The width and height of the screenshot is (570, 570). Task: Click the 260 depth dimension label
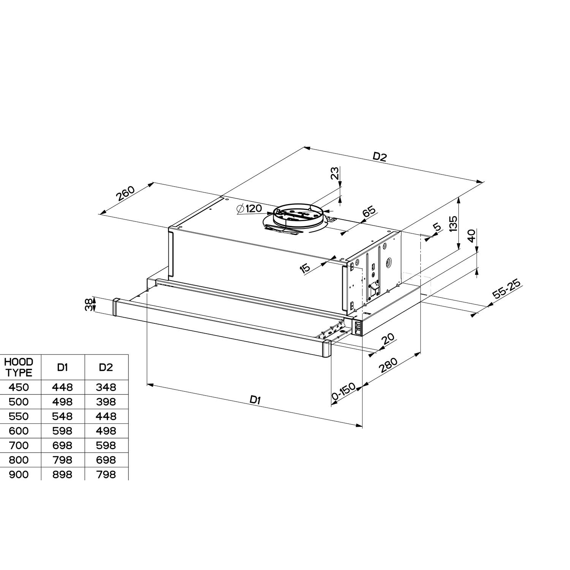(x=126, y=194)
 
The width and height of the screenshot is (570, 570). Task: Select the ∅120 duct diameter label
(x=249, y=209)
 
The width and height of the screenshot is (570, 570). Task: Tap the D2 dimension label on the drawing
(x=379, y=157)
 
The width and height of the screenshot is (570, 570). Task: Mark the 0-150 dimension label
(x=344, y=393)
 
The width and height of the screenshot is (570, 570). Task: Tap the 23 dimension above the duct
(x=335, y=174)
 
